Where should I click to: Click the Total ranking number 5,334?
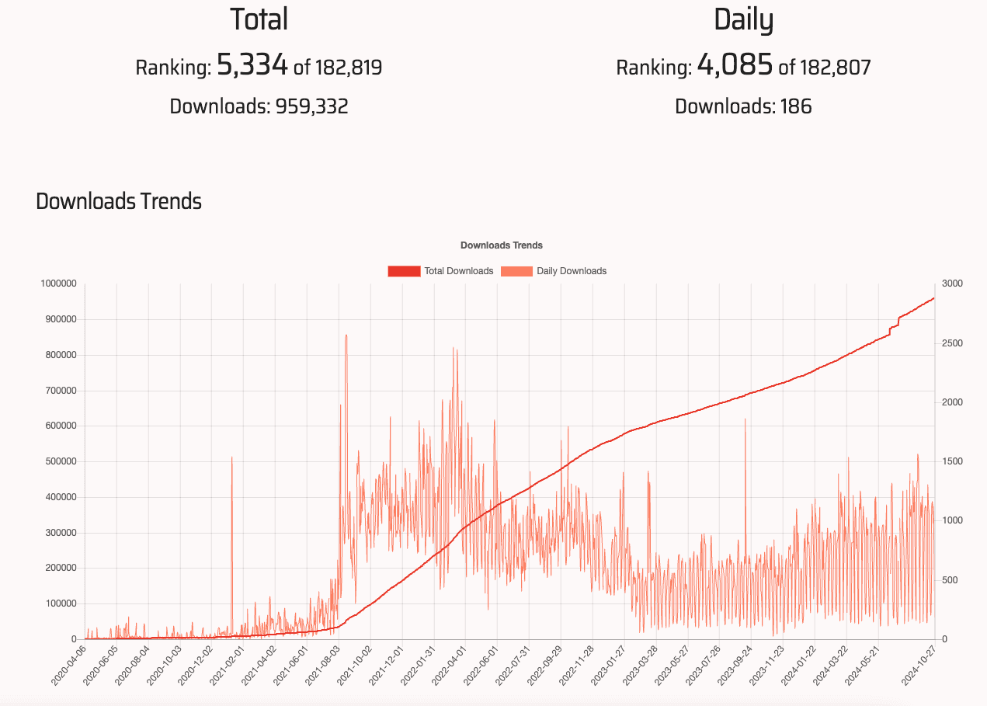[x=252, y=65]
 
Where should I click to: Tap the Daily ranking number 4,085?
[x=734, y=65]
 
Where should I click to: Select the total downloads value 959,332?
[x=311, y=106]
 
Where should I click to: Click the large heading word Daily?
[x=743, y=20]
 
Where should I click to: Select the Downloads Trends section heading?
[x=119, y=202]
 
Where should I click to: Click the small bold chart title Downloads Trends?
[x=501, y=245]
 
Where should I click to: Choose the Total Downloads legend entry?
[x=440, y=271]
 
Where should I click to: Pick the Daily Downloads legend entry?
[x=554, y=271]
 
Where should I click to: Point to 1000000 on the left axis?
[x=58, y=284]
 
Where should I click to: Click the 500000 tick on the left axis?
[x=61, y=461]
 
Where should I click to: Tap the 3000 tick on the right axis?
[x=952, y=284]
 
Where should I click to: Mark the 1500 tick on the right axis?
[x=952, y=461]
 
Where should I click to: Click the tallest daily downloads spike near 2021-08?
[x=346, y=336]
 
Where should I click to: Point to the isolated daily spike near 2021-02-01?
[x=231, y=458]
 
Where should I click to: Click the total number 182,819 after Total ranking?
[x=348, y=68]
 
